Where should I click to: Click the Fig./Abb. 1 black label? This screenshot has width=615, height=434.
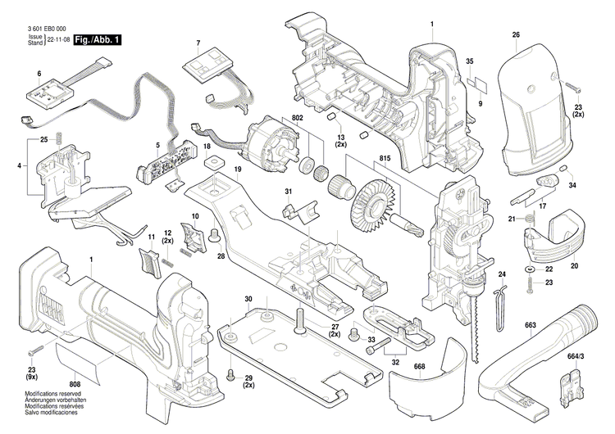click(97, 39)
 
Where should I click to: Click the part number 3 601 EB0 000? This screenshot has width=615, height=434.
click(41, 29)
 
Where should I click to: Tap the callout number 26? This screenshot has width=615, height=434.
click(516, 34)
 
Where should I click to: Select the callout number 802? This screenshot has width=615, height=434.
click(284, 120)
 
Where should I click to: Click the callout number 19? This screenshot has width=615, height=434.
click(237, 170)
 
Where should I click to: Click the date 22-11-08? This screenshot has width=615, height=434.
click(57, 39)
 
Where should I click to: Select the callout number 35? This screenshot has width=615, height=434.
click(471, 62)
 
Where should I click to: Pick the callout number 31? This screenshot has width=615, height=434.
click(288, 192)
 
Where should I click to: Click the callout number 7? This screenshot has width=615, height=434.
click(198, 42)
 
